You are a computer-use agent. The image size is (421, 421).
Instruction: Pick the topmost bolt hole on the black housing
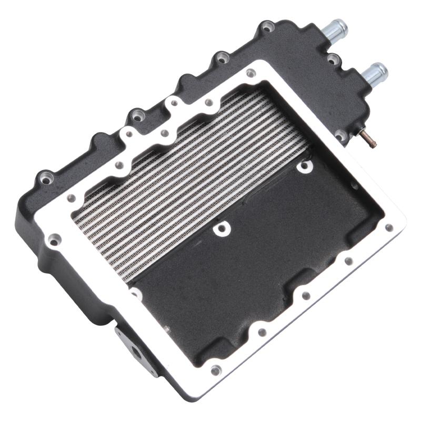coord(268,26)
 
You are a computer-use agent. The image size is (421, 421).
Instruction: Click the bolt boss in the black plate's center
coord(221,228)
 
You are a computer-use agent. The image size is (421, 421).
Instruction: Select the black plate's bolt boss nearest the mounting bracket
coord(136,293)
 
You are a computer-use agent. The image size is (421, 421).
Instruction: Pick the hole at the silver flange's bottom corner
coord(215,369)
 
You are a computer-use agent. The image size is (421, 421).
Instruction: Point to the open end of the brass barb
coord(373,144)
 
